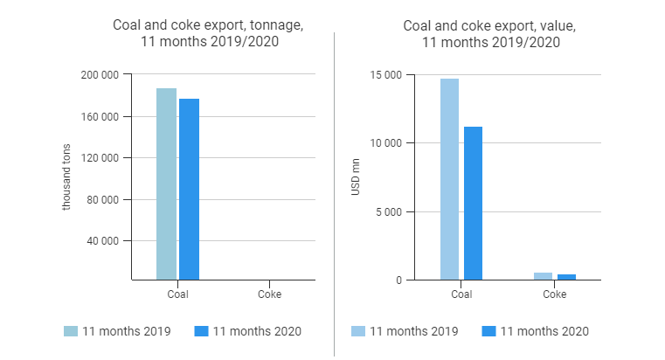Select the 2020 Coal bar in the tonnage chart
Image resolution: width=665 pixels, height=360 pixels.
point(189,189)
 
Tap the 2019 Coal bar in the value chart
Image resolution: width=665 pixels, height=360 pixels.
point(450,179)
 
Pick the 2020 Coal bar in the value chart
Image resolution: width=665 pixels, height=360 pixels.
point(473,203)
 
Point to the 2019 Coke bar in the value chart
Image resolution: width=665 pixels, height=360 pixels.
point(544,276)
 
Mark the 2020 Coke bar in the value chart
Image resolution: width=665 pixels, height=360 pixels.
point(566,277)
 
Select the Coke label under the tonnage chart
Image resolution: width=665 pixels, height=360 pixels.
point(269,294)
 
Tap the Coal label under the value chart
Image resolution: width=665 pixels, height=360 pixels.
point(461,294)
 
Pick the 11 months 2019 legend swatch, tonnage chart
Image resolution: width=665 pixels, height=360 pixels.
point(71,331)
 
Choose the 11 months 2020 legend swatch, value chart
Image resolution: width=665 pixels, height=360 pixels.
point(488,331)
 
